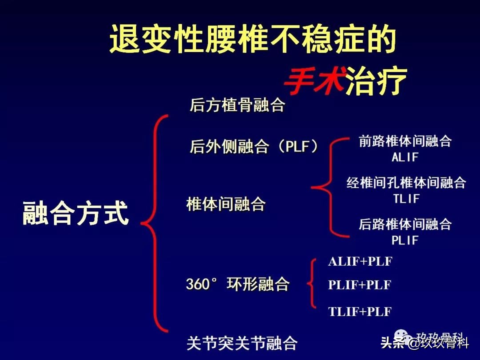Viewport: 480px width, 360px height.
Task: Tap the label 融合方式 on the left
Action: pyautogui.click(x=76, y=213)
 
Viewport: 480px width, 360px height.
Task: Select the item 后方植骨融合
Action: pyautogui.click(x=237, y=105)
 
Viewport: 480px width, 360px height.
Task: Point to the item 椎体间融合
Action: pyautogui.click(x=226, y=204)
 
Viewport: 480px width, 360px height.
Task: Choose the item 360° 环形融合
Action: pyautogui.click(x=237, y=284)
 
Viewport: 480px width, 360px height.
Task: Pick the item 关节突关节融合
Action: pyautogui.click(x=242, y=343)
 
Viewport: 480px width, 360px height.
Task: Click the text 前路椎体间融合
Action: pyautogui.click(x=405, y=141)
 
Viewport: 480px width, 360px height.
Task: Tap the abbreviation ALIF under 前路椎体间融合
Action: pyautogui.click(x=405, y=157)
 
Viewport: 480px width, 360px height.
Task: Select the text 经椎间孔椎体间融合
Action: pyautogui.click(x=406, y=183)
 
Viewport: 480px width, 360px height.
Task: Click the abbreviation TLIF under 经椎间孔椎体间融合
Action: pyautogui.click(x=406, y=199)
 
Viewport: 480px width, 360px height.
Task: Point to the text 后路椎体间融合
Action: pyautogui.click(x=405, y=224)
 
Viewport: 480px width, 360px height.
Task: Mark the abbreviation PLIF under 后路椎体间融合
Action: pyautogui.click(x=405, y=240)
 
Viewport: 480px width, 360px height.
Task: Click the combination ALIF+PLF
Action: pyautogui.click(x=360, y=261)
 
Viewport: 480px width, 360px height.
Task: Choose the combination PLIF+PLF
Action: pyautogui.click(x=360, y=285)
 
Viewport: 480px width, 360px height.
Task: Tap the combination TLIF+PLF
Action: pyautogui.click(x=360, y=312)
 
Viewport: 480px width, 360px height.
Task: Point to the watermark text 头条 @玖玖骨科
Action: pyautogui.click(x=425, y=342)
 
